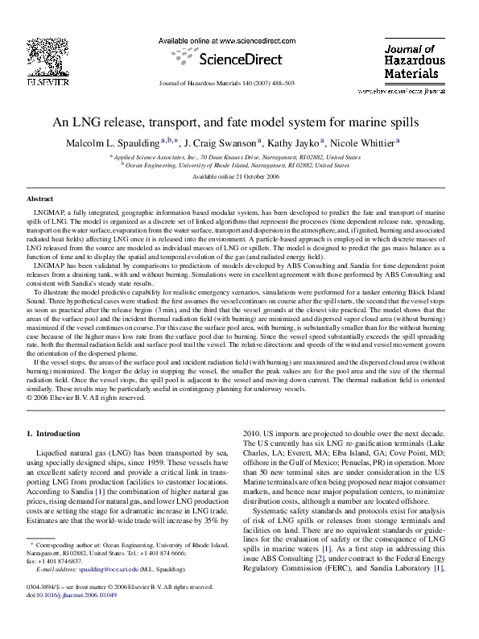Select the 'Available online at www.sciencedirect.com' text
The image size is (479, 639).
229,39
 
